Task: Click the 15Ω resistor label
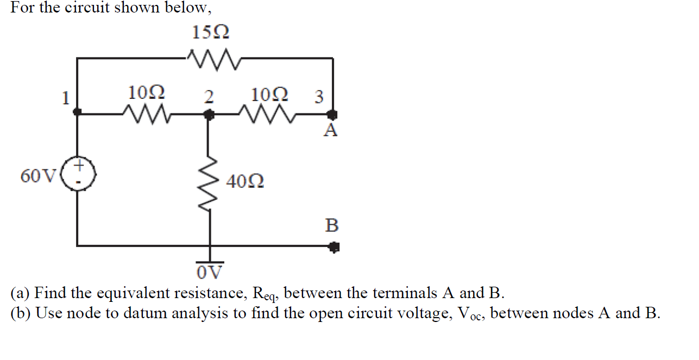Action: point(211,33)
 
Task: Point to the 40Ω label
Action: point(245,181)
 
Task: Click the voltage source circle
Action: point(79,173)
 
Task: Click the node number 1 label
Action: point(66,98)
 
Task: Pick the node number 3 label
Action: point(319,97)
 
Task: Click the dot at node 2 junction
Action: point(209,115)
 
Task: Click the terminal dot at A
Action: point(332,115)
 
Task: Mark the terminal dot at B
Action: point(333,248)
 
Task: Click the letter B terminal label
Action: point(331,225)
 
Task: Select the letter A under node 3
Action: point(330,130)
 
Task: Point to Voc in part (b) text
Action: point(470,314)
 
